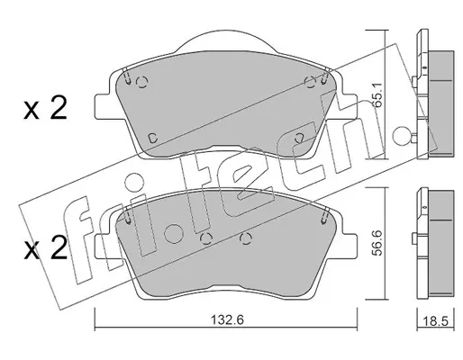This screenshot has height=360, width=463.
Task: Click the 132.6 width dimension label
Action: [227, 319]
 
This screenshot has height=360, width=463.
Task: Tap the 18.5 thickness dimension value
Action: [435, 321]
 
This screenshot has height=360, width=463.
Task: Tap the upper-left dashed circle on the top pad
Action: [142, 82]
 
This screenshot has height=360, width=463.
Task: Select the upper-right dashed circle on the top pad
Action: [310, 82]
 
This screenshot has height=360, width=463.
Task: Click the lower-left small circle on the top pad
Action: [153, 138]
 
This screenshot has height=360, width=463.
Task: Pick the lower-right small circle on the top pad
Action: [299, 138]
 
